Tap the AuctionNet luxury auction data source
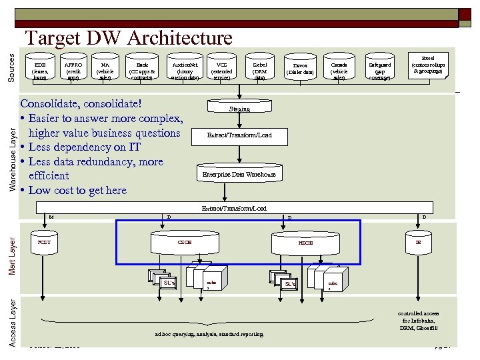(184, 68)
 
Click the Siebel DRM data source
(259, 68)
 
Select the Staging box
(239, 108)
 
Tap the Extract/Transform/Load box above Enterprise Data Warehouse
(239, 135)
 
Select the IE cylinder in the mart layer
(419, 243)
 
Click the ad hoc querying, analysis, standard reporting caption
(209, 334)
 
